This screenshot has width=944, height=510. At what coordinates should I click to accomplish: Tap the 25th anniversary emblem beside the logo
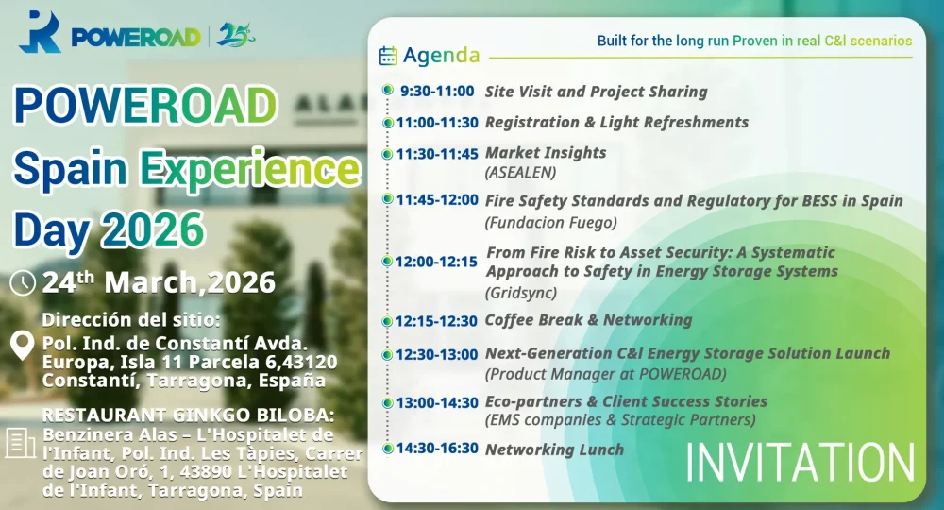coord(235,35)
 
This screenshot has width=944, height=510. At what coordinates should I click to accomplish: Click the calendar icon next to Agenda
coord(388,56)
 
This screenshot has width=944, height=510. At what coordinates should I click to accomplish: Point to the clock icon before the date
coord(23,282)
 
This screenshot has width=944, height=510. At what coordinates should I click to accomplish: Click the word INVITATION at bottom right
coord(800,463)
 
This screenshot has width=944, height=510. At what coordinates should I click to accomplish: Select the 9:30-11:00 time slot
coord(436,92)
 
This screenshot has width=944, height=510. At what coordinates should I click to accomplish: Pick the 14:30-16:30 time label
coord(437,450)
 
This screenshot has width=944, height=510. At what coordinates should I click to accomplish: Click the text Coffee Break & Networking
coord(588,320)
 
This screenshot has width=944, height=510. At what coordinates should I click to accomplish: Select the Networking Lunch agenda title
coord(554,450)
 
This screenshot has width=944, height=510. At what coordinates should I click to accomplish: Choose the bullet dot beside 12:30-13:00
coord(387,354)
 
